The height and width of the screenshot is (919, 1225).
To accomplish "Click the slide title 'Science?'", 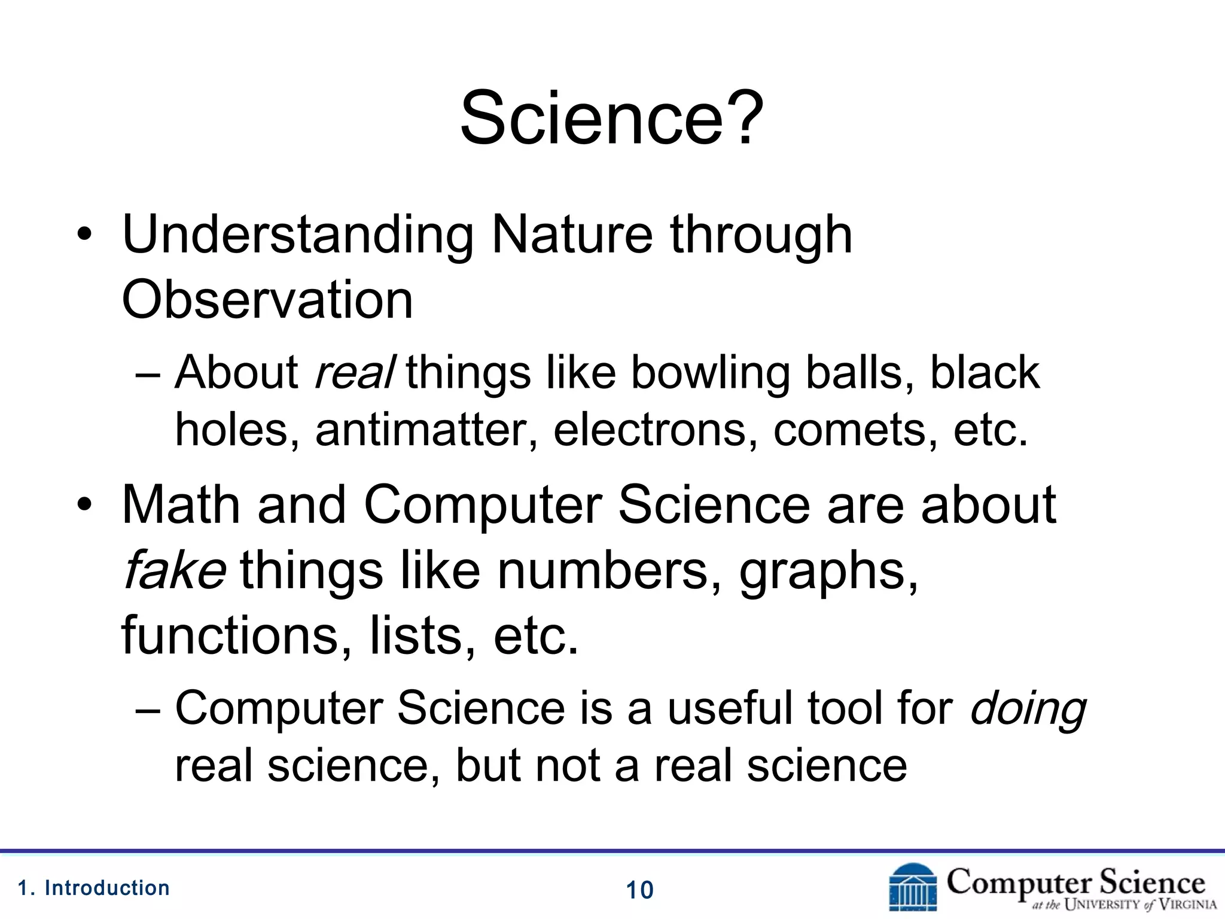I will pyautogui.click(x=611, y=117).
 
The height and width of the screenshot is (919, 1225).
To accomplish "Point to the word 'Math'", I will pyautogui.click(x=180, y=505).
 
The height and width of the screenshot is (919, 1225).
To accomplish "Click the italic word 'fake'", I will pyautogui.click(x=173, y=570).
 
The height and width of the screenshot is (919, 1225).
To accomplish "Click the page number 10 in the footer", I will pyautogui.click(x=639, y=890).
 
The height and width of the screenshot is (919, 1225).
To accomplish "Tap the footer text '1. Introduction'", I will pyautogui.click(x=94, y=888).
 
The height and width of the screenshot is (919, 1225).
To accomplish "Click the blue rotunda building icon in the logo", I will pyautogui.click(x=913, y=888).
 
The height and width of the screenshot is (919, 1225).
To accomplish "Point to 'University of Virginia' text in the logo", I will pyautogui.click(x=1125, y=905).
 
